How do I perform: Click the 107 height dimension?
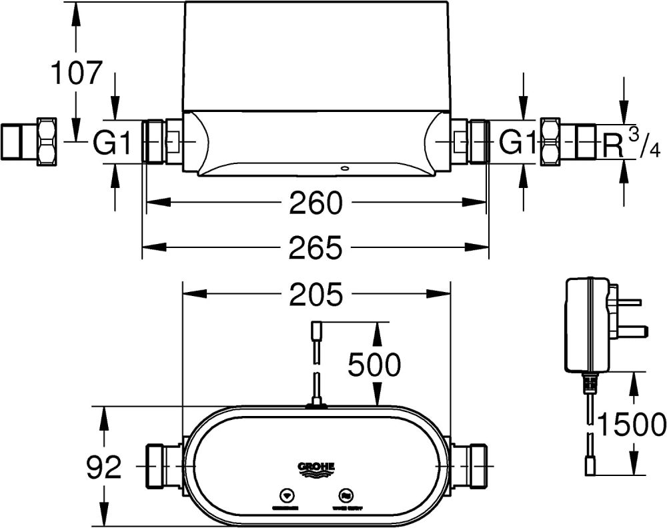point(77,73)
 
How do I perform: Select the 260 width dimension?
point(315,203)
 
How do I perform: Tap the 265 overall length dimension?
point(315,248)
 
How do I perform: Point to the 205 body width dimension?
point(315,295)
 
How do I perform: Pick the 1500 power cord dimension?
point(631,424)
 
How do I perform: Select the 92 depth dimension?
point(104,468)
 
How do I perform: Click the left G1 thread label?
point(111,143)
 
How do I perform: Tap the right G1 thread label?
point(518,143)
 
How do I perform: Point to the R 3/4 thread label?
point(630,145)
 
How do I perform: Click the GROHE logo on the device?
point(315,468)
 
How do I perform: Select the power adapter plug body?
point(587,325)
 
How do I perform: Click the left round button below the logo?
point(286,496)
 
